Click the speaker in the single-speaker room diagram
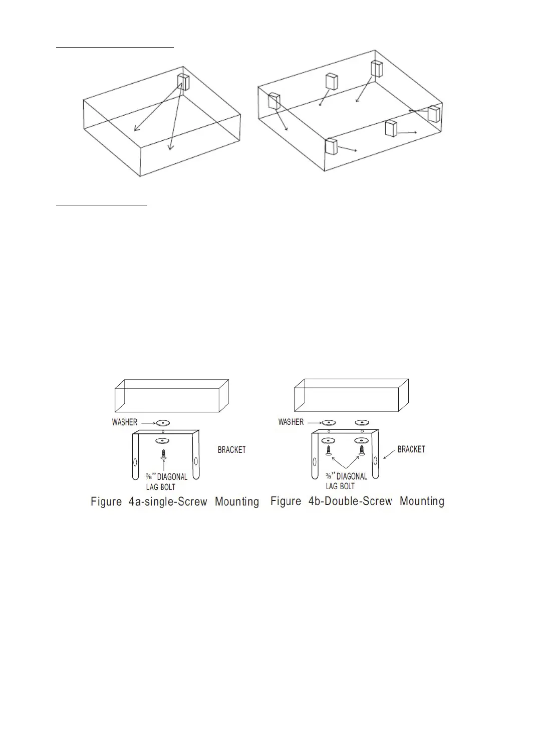point(183,82)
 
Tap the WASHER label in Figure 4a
point(125,422)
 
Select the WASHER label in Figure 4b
point(291,422)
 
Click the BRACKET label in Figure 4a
point(231,450)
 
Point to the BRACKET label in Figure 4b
point(411,449)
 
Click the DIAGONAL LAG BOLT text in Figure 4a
point(167,481)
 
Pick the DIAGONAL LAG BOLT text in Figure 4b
point(347,481)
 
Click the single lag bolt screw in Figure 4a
point(163,454)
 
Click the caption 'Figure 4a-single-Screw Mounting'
point(175,502)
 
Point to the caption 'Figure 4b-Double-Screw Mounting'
point(357,501)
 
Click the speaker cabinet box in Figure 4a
point(172,395)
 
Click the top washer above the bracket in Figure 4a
point(163,422)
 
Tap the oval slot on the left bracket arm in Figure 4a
point(135,461)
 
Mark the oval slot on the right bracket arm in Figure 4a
point(196,461)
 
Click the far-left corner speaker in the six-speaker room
point(274,101)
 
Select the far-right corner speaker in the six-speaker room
point(434,113)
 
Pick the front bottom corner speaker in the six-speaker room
point(331,146)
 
